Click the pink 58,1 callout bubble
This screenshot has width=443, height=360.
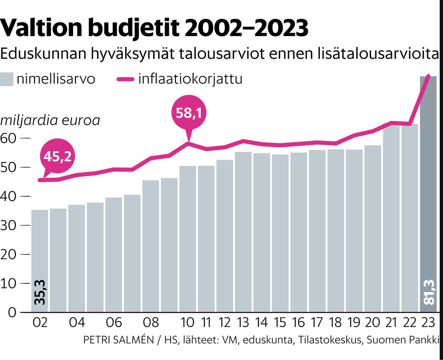pos(189,114)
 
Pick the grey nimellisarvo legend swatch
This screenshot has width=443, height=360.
pos(6,79)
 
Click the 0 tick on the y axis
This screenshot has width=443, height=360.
pos(13,313)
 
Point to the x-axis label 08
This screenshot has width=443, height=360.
pos(151,323)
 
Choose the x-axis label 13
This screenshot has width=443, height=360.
pos(243,323)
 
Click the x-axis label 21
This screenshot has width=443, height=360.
pos(391,323)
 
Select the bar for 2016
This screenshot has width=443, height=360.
pos(298,232)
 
